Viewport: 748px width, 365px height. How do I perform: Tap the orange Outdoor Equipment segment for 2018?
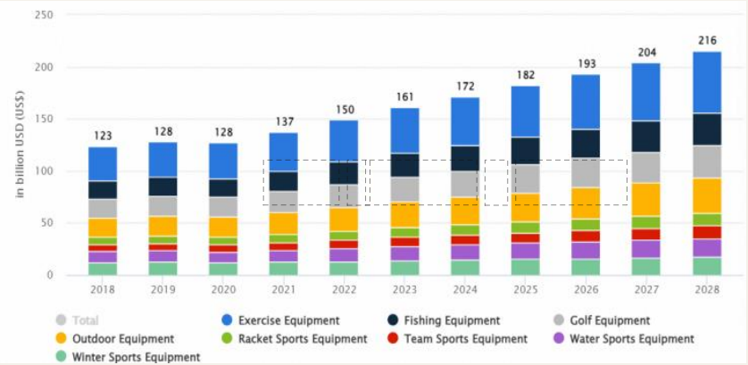click(103, 228)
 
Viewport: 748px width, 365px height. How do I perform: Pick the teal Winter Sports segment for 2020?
click(223, 269)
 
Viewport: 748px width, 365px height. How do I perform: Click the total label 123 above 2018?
click(103, 136)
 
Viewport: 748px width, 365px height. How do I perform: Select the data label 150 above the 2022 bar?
click(345, 109)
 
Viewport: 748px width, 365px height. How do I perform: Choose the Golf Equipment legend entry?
click(607, 320)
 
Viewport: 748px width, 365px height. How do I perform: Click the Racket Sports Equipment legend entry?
click(303, 339)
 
